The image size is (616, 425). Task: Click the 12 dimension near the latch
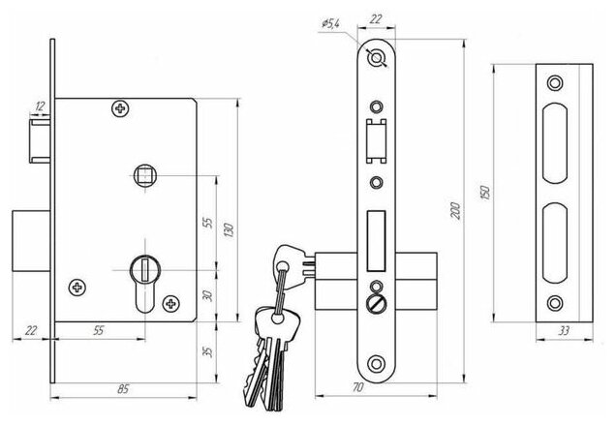point(40,106)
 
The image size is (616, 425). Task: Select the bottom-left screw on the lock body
point(77,287)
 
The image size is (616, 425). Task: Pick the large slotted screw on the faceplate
point(376,304)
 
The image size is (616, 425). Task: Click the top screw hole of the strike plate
point(555,81)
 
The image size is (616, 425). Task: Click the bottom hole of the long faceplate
point(375,364)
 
